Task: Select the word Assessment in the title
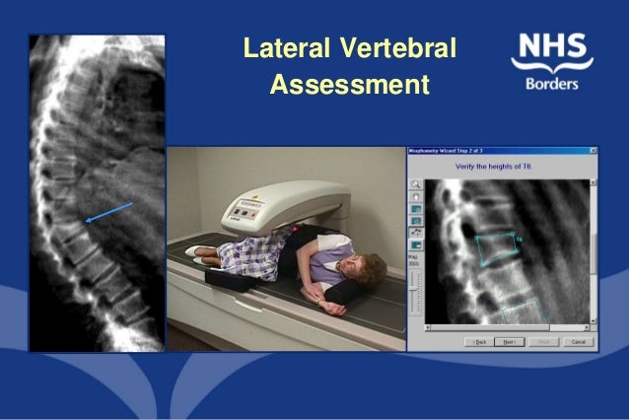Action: point(349,86)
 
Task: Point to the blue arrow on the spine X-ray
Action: point(107,213)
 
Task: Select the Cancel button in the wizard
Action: point(577,341)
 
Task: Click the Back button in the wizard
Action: point(480,341)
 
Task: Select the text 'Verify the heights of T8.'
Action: point(501,167)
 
